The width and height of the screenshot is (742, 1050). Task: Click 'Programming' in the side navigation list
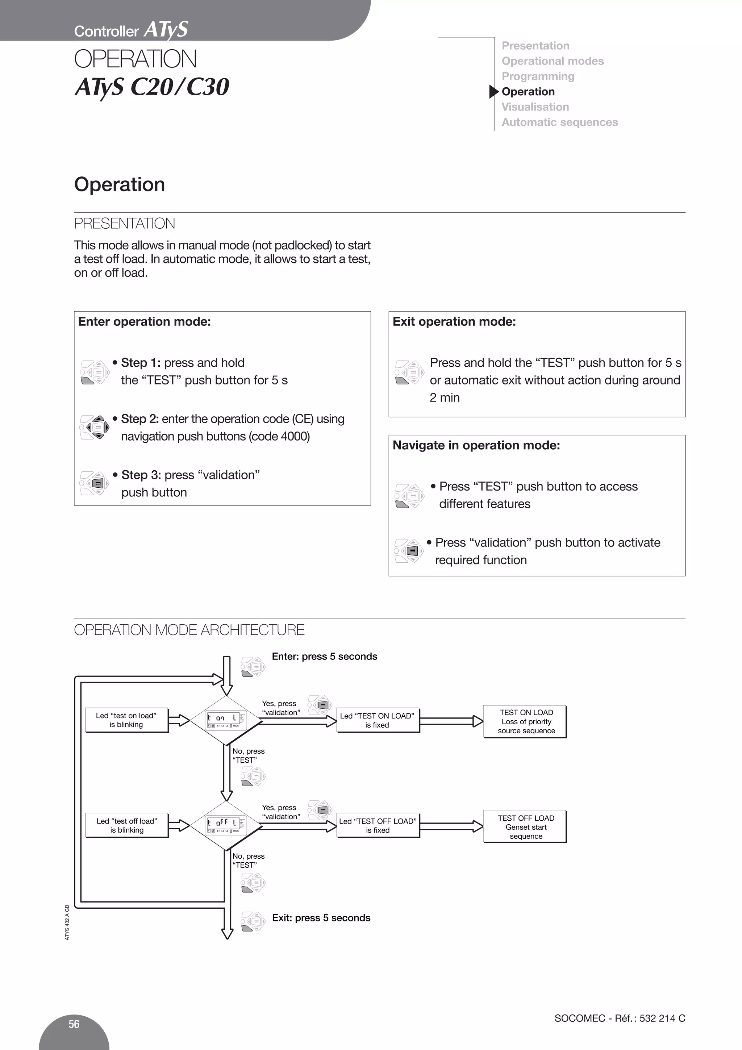click(538, 76)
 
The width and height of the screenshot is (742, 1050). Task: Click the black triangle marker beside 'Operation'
click(493, 91)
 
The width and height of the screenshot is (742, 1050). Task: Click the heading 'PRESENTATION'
click(124, 224)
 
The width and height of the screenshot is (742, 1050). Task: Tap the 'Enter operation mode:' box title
click(145, 321)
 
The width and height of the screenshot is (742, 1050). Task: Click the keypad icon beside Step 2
click(95, 427)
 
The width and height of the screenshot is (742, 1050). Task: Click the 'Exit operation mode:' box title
click(454, 321)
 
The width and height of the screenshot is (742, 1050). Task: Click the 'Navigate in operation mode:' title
click(476, 445)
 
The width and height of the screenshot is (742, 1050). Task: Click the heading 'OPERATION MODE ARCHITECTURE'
click(189, 630)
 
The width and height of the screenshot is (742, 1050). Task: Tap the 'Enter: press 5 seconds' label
click(324, 656)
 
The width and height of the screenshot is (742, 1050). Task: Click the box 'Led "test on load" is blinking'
click(126, 720)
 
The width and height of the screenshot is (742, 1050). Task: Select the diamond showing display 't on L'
click(226, 720)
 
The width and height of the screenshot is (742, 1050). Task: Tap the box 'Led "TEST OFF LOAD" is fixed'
click(378, 825)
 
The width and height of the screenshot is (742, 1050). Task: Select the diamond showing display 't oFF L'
click(226, 825)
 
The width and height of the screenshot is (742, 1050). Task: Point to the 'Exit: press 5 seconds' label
click(321, 918)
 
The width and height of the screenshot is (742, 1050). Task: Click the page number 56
click(74, 1024)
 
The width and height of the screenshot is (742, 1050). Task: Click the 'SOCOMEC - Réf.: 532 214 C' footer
click(620, 1018)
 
